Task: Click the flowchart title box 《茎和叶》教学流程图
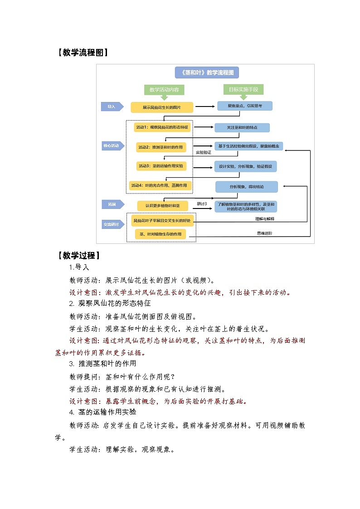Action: (207, 73)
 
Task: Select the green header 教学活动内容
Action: (164, 90)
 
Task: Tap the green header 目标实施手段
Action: (243, 90)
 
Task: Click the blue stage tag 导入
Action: (112, 107)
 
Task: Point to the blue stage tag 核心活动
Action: (112, 146)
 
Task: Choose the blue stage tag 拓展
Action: (112, 204)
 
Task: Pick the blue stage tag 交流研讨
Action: (112, 224)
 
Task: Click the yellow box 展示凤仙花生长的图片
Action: (162, 107)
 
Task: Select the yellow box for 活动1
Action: (161, 127)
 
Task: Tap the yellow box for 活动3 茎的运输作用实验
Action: (161, 166)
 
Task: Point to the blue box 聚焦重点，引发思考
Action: (244, 106)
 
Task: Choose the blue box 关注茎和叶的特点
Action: (242, 127)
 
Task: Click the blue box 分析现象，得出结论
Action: (246, 187)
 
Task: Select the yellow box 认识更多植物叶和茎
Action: (162, 206)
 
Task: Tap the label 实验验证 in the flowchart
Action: (203, 153)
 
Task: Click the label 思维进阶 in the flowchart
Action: (265, 234)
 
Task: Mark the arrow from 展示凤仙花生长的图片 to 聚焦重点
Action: (204, 107)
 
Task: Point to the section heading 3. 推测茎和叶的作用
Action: (102, 364)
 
